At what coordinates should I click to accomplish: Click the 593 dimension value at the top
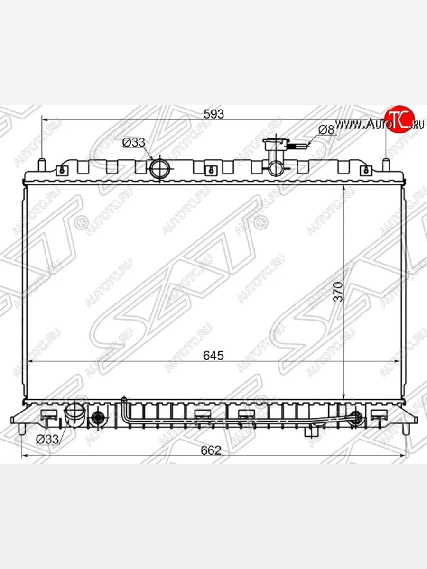(213, 114)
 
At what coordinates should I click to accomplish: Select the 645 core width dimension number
(213, 356)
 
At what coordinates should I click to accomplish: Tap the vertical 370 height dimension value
(338, 292)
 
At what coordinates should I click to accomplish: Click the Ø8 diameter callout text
(326, 130)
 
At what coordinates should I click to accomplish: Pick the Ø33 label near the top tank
(133, 142)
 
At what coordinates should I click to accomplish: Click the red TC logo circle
(399, 119)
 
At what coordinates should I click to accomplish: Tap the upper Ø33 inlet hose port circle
(159, 168)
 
